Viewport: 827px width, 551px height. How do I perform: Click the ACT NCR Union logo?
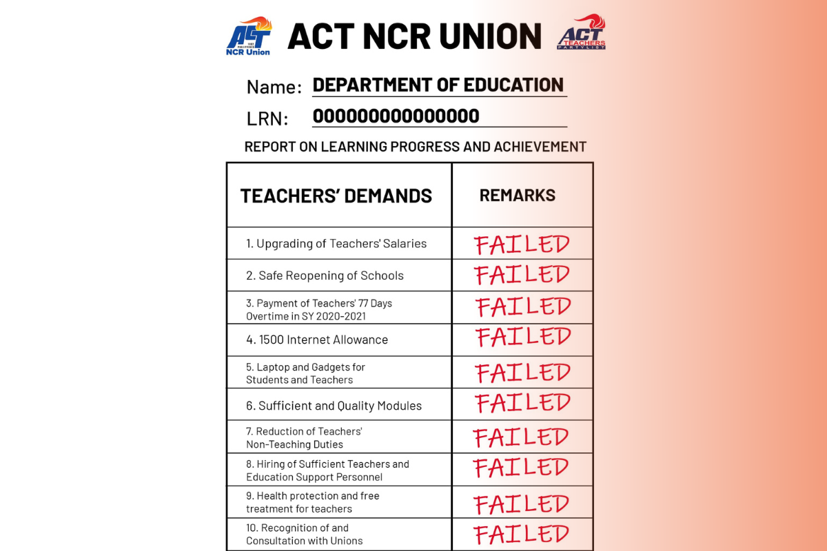click(248, 36)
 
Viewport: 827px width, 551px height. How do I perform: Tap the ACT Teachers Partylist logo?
click(581, 34)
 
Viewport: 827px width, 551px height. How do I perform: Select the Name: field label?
click(274, 87)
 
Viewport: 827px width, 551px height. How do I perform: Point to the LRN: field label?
click(267, 118)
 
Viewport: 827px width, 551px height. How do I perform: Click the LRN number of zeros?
click(396, 116)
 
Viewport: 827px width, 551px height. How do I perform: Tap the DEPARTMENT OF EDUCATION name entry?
click(438, 85)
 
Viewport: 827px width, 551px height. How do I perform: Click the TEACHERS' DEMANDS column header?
click(336, 196)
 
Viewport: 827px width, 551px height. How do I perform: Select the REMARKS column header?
click(517, 196)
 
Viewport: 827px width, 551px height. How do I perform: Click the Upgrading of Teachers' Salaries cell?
click(336, 243)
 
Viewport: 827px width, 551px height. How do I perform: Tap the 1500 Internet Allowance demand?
click(317, 340)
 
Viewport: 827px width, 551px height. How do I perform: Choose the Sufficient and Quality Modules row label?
click(334, 406)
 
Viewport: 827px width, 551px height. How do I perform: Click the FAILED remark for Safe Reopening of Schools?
click(522, 275)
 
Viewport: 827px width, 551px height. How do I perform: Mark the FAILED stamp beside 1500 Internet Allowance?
click(522, 337)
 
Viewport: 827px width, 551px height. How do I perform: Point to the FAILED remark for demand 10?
click(521, 534)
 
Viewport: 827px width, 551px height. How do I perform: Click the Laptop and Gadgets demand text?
click(305, 373)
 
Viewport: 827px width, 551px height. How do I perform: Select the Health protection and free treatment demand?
click(312, 502)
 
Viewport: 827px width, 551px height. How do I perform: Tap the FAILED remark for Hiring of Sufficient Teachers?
click(521, 468)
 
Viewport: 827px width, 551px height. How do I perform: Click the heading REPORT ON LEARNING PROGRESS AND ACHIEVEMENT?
click(415, 147)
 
